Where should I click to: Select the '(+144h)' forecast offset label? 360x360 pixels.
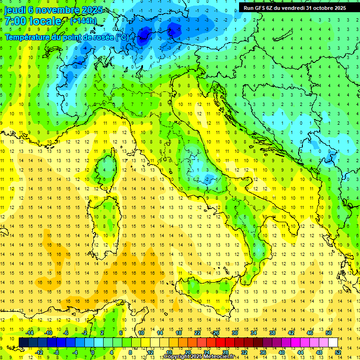84,21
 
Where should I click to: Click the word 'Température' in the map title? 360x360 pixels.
29,37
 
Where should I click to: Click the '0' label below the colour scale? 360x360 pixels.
92,352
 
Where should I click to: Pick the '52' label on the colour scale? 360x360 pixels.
338,352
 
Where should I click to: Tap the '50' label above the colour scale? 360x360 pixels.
329,333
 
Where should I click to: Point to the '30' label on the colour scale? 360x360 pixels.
235,333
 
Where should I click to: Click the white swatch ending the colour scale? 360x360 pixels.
333,342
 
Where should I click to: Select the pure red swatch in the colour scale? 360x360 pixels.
220,342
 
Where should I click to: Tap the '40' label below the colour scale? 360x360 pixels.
282,352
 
